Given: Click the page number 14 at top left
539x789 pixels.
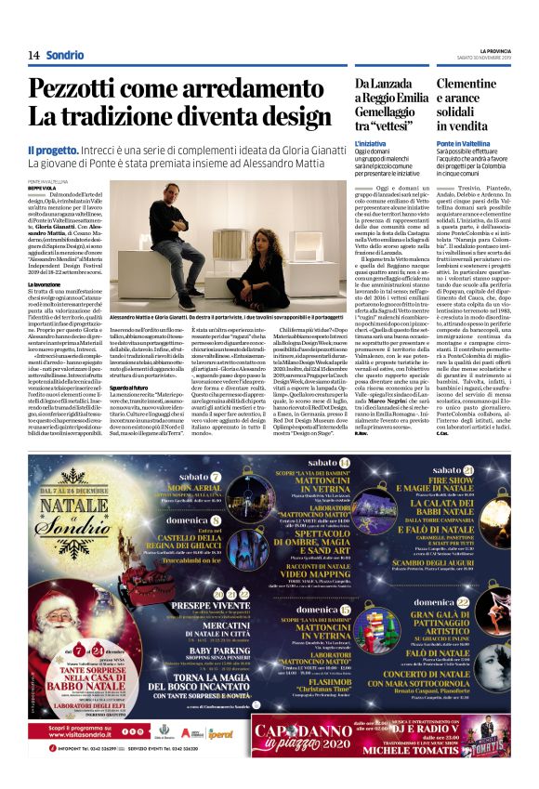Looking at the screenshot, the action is [33, 55].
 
